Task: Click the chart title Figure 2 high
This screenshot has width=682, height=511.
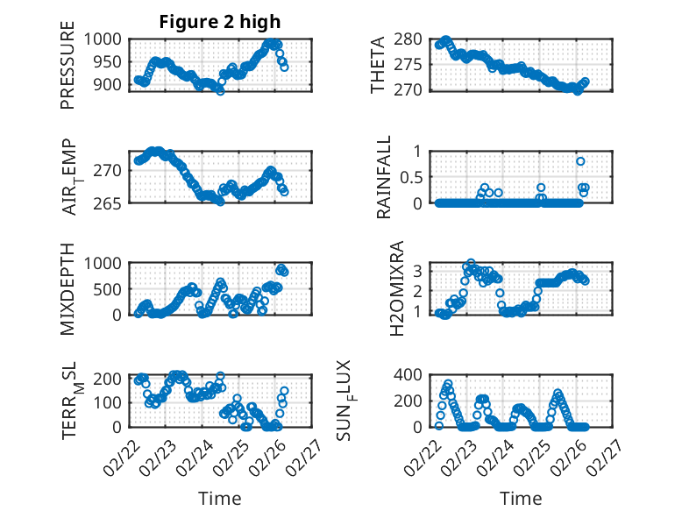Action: pyautogui.click(x=219, y=21)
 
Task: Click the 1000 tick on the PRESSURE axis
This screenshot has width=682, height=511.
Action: pyautogui.click(x=105, y=39)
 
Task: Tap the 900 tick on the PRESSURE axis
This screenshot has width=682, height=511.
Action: pyautogui.click(x=111, y=85)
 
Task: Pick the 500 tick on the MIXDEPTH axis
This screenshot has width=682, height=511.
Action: pyautogui.click(x=111, y=288)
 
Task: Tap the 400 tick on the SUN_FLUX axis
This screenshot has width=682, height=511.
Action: pyautogui.click(x=409, y=375)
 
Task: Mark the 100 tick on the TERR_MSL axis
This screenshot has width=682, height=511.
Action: pyautogui.click(x=111, y=402)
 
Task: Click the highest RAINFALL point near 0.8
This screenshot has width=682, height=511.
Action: pyautogui.click(x=580, y=161)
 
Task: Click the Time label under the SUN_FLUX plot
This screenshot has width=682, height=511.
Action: pyautogui.click(x=521, y=499)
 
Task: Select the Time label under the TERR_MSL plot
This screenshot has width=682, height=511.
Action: pyautogui.click(x=219, y=499)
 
